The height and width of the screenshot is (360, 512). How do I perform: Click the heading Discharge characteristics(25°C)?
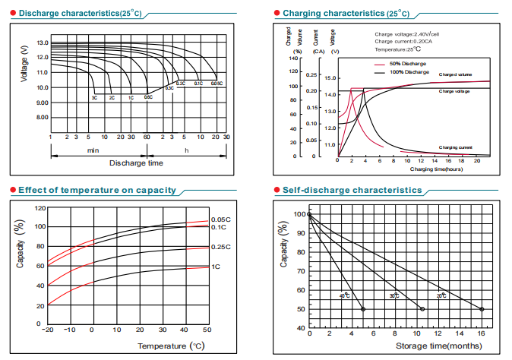click(75, 14)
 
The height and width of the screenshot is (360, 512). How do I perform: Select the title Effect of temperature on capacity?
click(96, 190)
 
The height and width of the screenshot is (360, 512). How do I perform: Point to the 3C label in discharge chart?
click(94, 98)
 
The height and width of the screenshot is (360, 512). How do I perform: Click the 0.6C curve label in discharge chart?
click(148, 98)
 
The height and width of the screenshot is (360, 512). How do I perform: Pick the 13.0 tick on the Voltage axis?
click(41, 43)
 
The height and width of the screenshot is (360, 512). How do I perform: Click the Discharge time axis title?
click(136, 163)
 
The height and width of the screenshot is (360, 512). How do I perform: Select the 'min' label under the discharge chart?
click(93, 150)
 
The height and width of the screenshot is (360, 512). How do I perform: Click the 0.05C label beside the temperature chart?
click(220, 219)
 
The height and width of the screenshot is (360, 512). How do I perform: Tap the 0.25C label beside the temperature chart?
click(220, 247)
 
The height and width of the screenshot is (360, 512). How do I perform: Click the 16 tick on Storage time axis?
click(482, 335)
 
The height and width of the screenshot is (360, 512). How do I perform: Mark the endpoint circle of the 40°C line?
click(362, 309)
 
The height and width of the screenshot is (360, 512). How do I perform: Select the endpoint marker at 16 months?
click(482, 309)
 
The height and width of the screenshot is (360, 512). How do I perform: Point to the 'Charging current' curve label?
click(457, 147)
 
